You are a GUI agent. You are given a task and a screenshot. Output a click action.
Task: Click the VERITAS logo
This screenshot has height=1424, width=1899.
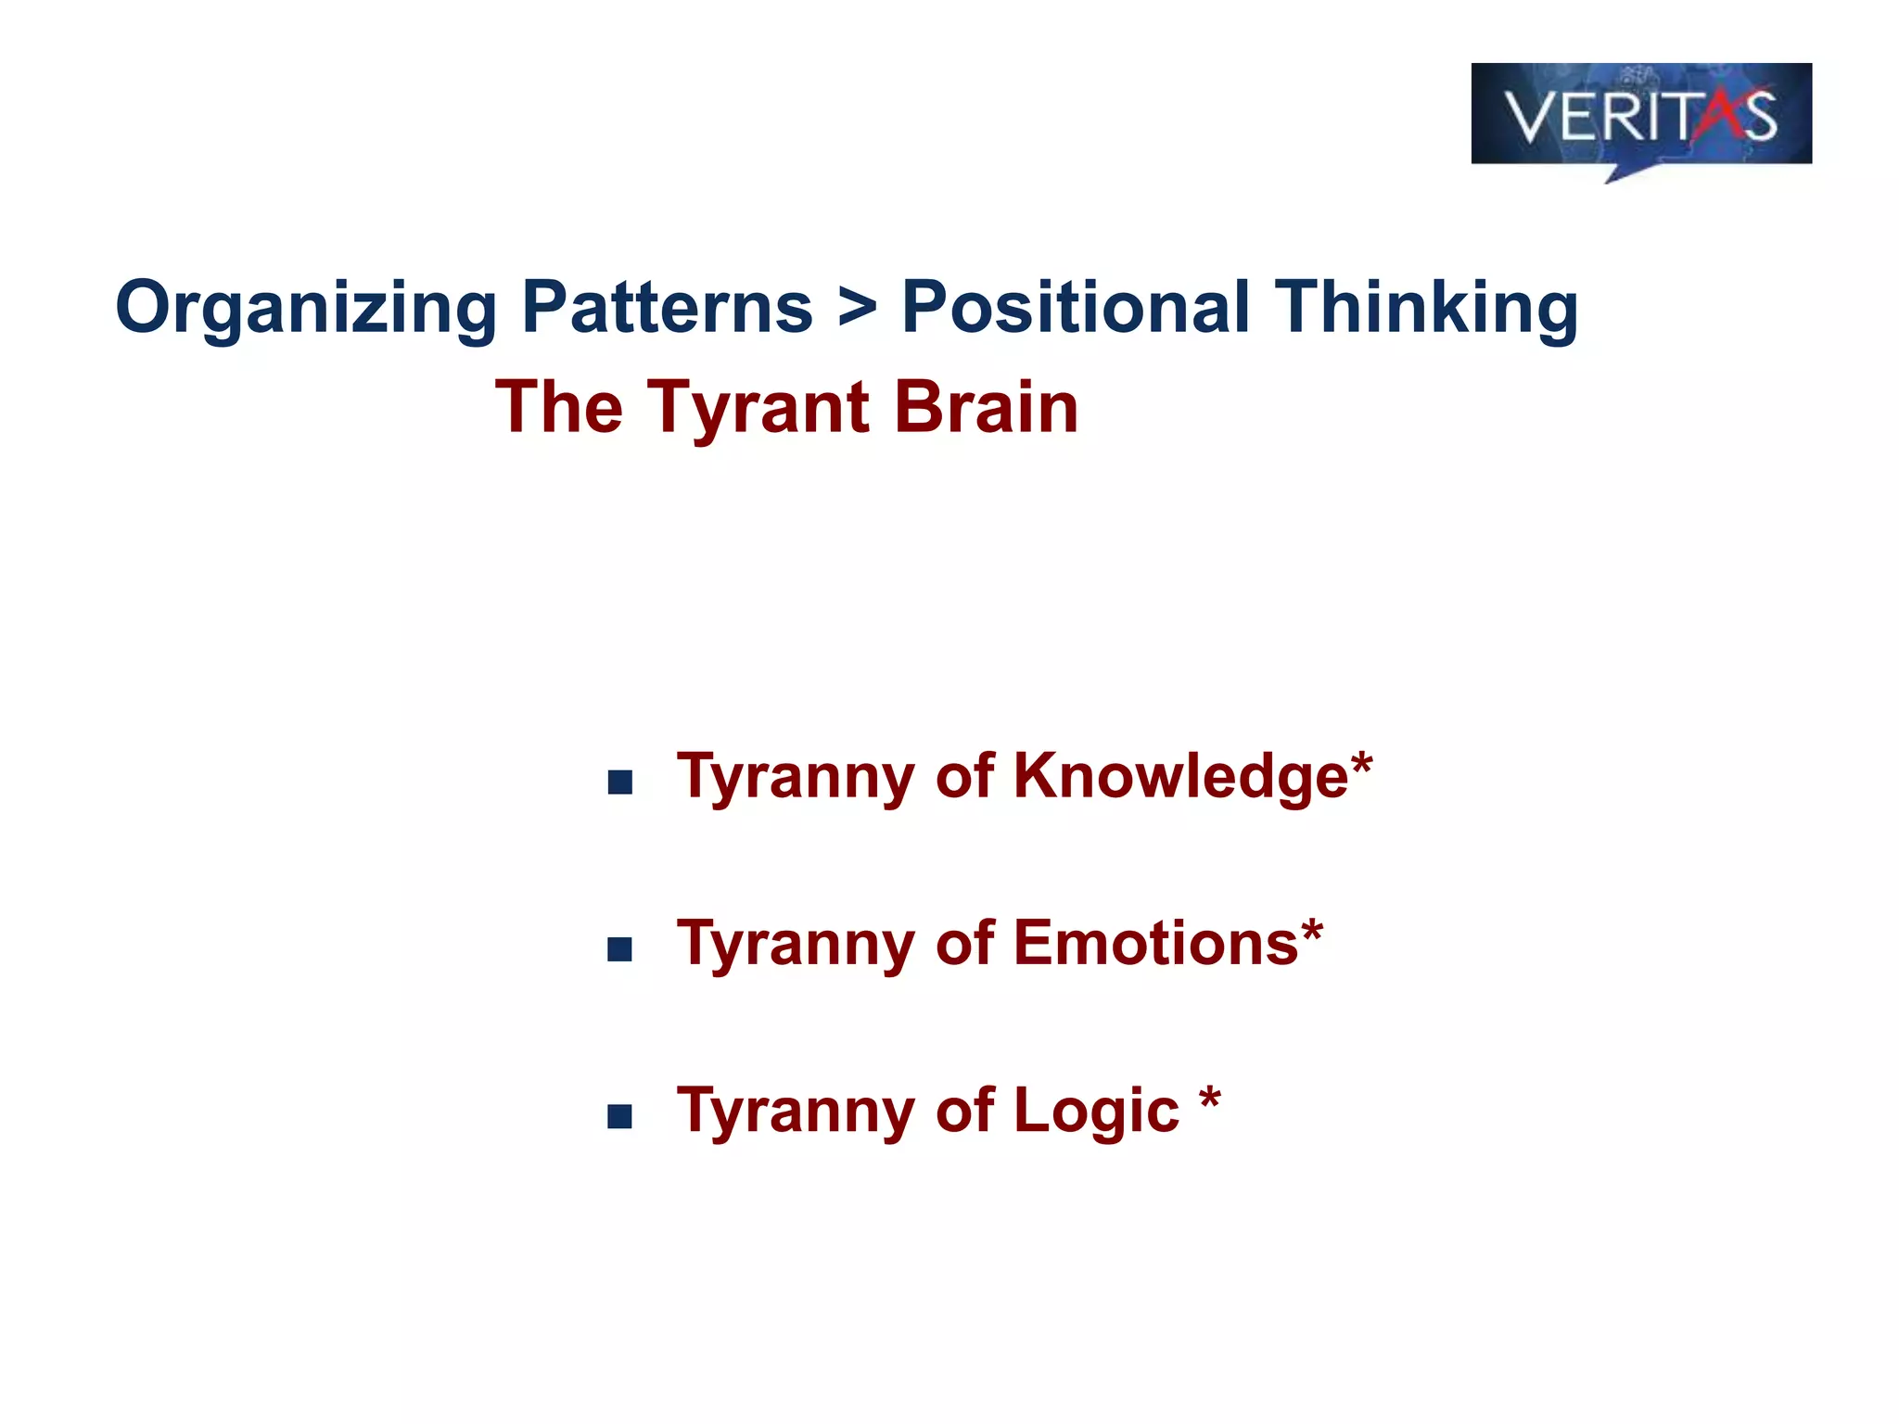[1640, 116]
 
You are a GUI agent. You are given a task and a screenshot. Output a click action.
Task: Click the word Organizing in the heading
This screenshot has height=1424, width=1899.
[306, 309]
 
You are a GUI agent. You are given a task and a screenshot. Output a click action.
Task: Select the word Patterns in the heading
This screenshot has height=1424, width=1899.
[667, 307]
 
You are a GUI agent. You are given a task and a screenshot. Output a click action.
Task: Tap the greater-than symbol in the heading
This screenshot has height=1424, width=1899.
[857, 309]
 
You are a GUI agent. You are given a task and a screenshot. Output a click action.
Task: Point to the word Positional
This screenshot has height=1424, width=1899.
[1075, 307]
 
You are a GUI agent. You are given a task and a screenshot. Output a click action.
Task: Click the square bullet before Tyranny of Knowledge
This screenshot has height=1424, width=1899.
[619, 782]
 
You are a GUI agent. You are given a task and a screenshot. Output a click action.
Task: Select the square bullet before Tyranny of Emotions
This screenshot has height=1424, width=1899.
[619, 949]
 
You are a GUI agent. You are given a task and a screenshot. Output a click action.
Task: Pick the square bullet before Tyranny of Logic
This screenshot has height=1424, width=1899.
[619, 1116]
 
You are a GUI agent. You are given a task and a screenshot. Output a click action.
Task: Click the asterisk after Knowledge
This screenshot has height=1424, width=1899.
[1361, 765]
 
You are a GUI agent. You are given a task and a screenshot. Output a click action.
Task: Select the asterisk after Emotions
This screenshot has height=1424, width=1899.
[1311, 933]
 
